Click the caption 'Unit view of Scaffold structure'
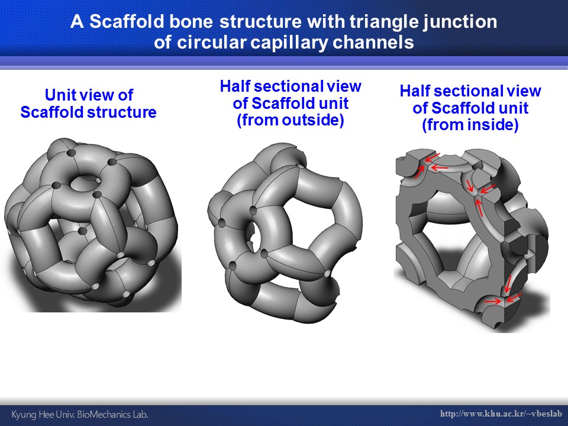click(x=88, y=104)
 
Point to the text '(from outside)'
click(x=290, y=120)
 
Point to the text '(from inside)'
click(x=470, y=125)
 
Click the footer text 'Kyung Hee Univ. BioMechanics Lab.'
click(x=80, y=414)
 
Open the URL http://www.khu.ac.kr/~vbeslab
click(x=501, y=414)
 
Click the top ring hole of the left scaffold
click(x=85, y=183)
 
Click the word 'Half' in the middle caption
click(x=235, y=86)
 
